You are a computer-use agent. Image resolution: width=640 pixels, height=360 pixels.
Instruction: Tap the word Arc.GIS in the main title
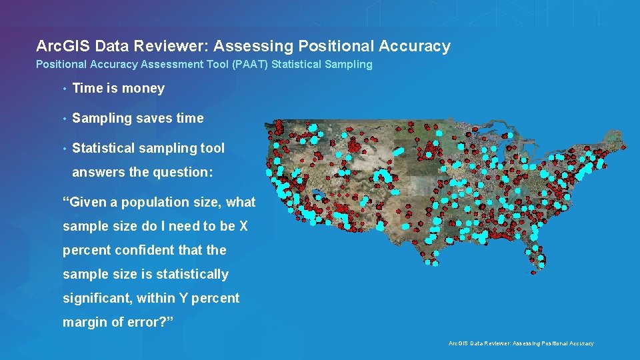point(63,46)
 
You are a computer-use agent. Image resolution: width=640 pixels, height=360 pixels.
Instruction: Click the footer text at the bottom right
point(521,343)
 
